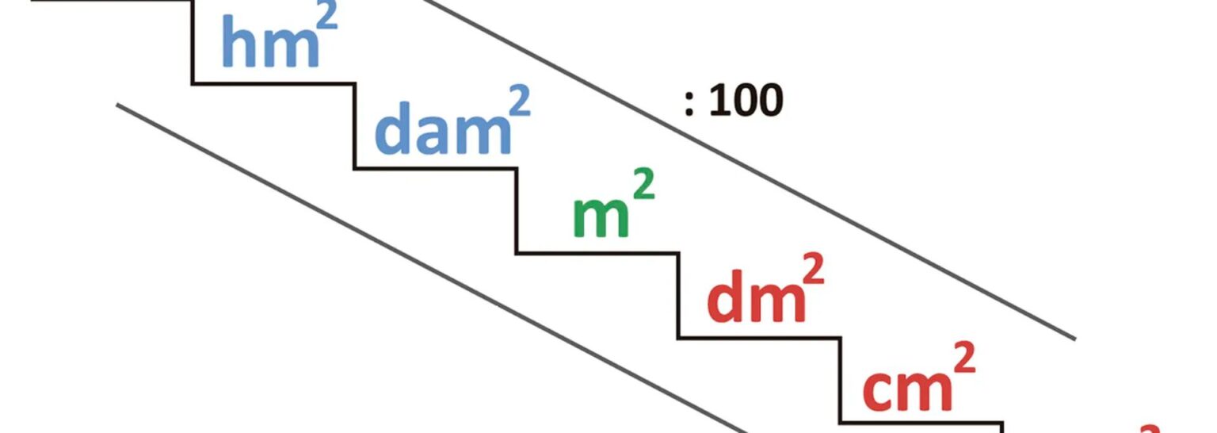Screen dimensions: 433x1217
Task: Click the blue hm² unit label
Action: coord(269,44)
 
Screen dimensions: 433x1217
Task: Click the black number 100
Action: coord(746,102)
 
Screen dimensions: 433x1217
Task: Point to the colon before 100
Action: coord(689,104)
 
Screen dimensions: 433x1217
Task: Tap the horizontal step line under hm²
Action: coord(273,82)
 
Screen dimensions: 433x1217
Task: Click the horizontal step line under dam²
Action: coord(436,167)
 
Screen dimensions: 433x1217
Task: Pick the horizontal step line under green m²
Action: coord(598,253)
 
